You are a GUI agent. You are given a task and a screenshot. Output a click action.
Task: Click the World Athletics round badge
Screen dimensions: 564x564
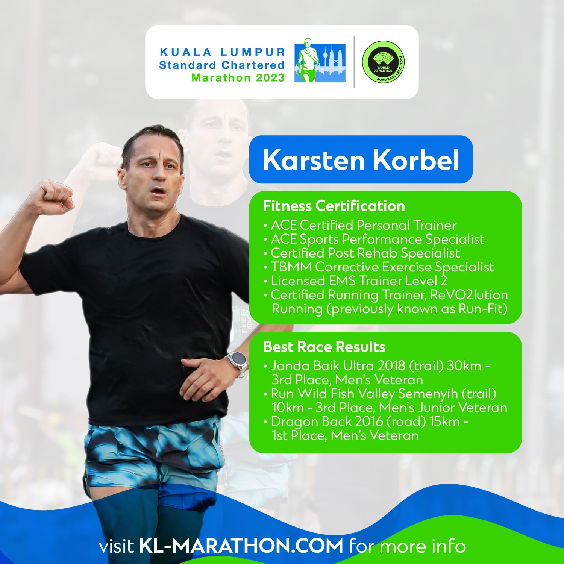pyautogui.click(x=384, y=62)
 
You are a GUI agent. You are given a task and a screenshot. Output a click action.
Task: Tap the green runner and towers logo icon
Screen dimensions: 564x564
pyautogui.click(x=320, y=60)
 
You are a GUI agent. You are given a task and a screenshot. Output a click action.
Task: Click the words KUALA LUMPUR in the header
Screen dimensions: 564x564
pyautogui.click(x=223, y=52)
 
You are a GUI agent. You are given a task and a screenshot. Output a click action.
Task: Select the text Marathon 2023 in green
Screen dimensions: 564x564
pyautogui.click(x=238, y=78)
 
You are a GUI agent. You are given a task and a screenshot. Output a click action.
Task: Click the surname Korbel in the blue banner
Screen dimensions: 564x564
pyautogui.click(x=416, y=160)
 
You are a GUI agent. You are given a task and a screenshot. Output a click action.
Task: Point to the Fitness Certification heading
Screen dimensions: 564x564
pyautogui.click(x=334, y=206)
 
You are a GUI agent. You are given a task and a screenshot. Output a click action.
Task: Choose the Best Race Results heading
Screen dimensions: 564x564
pyautogui.click(x=324, y=347)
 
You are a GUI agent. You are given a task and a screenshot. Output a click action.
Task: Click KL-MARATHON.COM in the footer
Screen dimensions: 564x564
pyautogui.click(x=241, y=546)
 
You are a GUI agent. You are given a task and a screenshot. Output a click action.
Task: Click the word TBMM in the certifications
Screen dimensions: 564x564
pyautogui.click(x=291, y=267)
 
